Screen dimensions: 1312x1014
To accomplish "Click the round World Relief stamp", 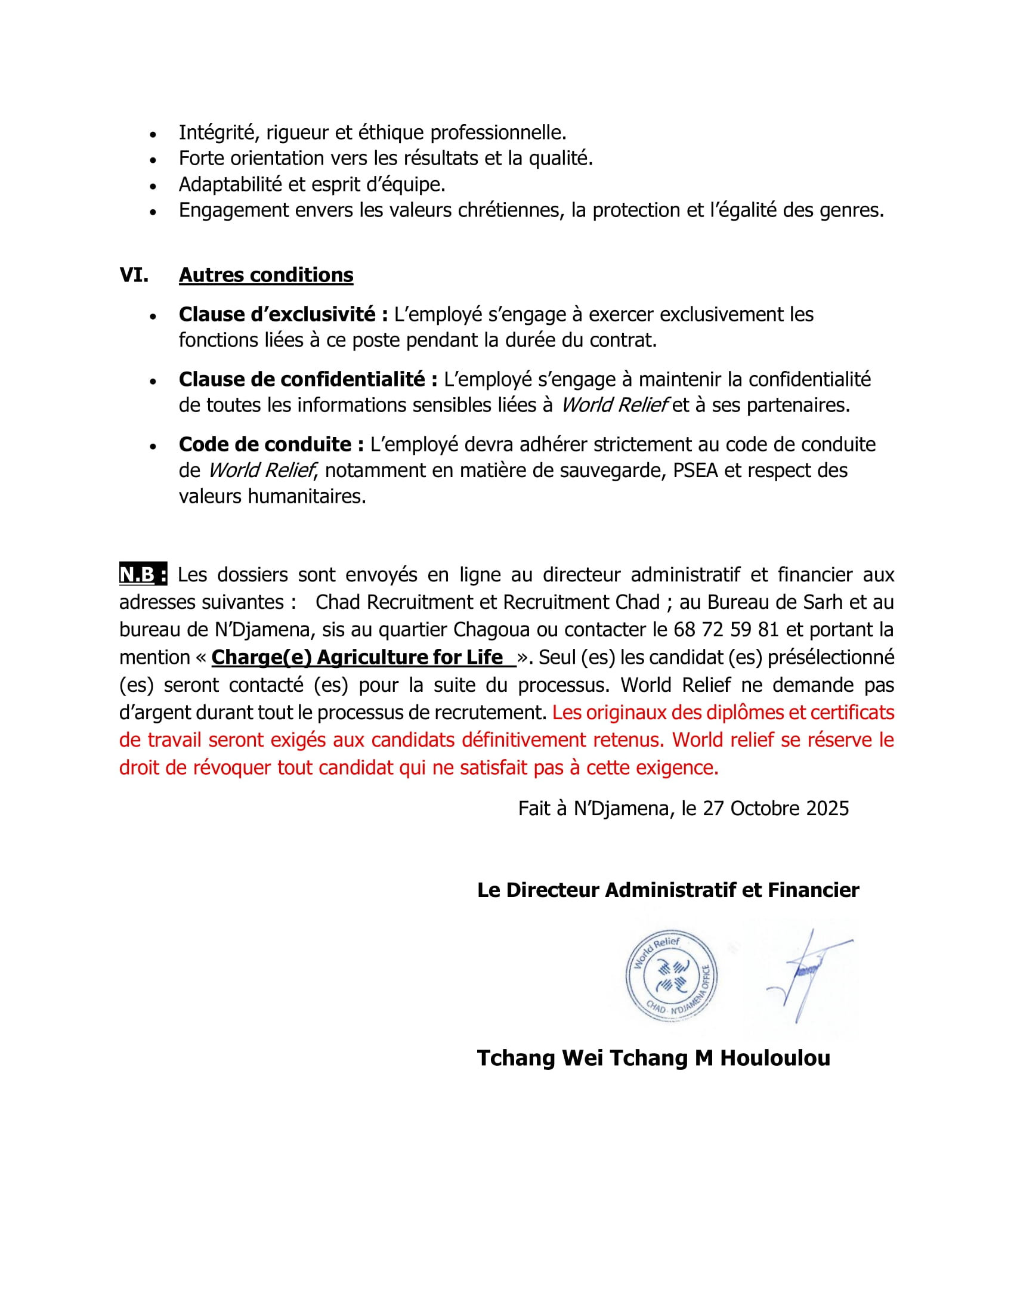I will coord(671,976).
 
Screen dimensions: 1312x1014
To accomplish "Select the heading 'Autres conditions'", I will coord(266,275).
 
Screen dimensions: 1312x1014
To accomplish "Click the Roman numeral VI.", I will coord(134,275).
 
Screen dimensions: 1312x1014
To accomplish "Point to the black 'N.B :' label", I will coord(143,575).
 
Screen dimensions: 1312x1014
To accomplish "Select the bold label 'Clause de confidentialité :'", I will coord(308,379).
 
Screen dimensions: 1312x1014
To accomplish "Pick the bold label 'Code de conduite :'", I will coord(271,444).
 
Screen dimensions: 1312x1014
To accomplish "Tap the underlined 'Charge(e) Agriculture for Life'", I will coord(358,657).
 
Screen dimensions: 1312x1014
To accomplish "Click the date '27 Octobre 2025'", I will coord(775,809).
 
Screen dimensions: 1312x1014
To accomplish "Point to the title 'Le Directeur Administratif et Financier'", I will coord(667,890).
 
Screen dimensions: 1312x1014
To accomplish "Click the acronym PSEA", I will coord(695,471).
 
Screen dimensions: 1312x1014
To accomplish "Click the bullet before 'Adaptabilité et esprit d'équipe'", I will coord(153,185).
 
